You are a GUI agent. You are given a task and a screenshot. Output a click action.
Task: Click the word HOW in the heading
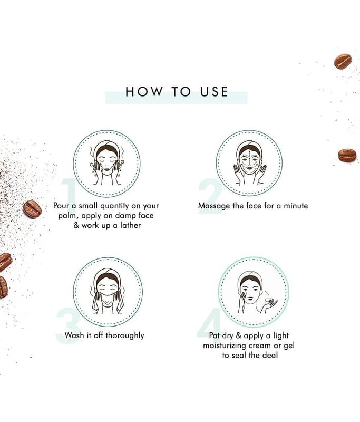[144, 91]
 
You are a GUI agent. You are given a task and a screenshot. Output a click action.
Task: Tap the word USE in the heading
[214, 91]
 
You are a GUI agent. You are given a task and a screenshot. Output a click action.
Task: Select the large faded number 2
[210, 196]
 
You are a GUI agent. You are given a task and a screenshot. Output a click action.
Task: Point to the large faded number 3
[68, 325]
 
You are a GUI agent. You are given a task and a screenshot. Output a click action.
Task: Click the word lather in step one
[130, 225]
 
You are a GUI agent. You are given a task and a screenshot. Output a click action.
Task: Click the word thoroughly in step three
[125, 336]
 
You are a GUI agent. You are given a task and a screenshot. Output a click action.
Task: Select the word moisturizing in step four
[225, 346]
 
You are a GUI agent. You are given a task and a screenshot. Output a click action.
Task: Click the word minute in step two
[296, 206]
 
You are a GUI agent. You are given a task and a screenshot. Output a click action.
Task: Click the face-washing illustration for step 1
[107, 163]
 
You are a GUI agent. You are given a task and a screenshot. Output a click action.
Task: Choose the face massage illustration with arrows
[249, 163]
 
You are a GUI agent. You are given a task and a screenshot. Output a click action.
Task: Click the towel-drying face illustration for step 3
[107, 292]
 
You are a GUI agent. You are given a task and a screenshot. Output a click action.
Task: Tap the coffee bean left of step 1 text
[32, 209]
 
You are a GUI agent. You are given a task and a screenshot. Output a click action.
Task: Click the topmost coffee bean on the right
[343, 62]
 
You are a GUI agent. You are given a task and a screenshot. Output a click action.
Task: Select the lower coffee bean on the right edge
[347, 156]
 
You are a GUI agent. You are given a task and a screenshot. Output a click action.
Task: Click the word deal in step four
[270, 355]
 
